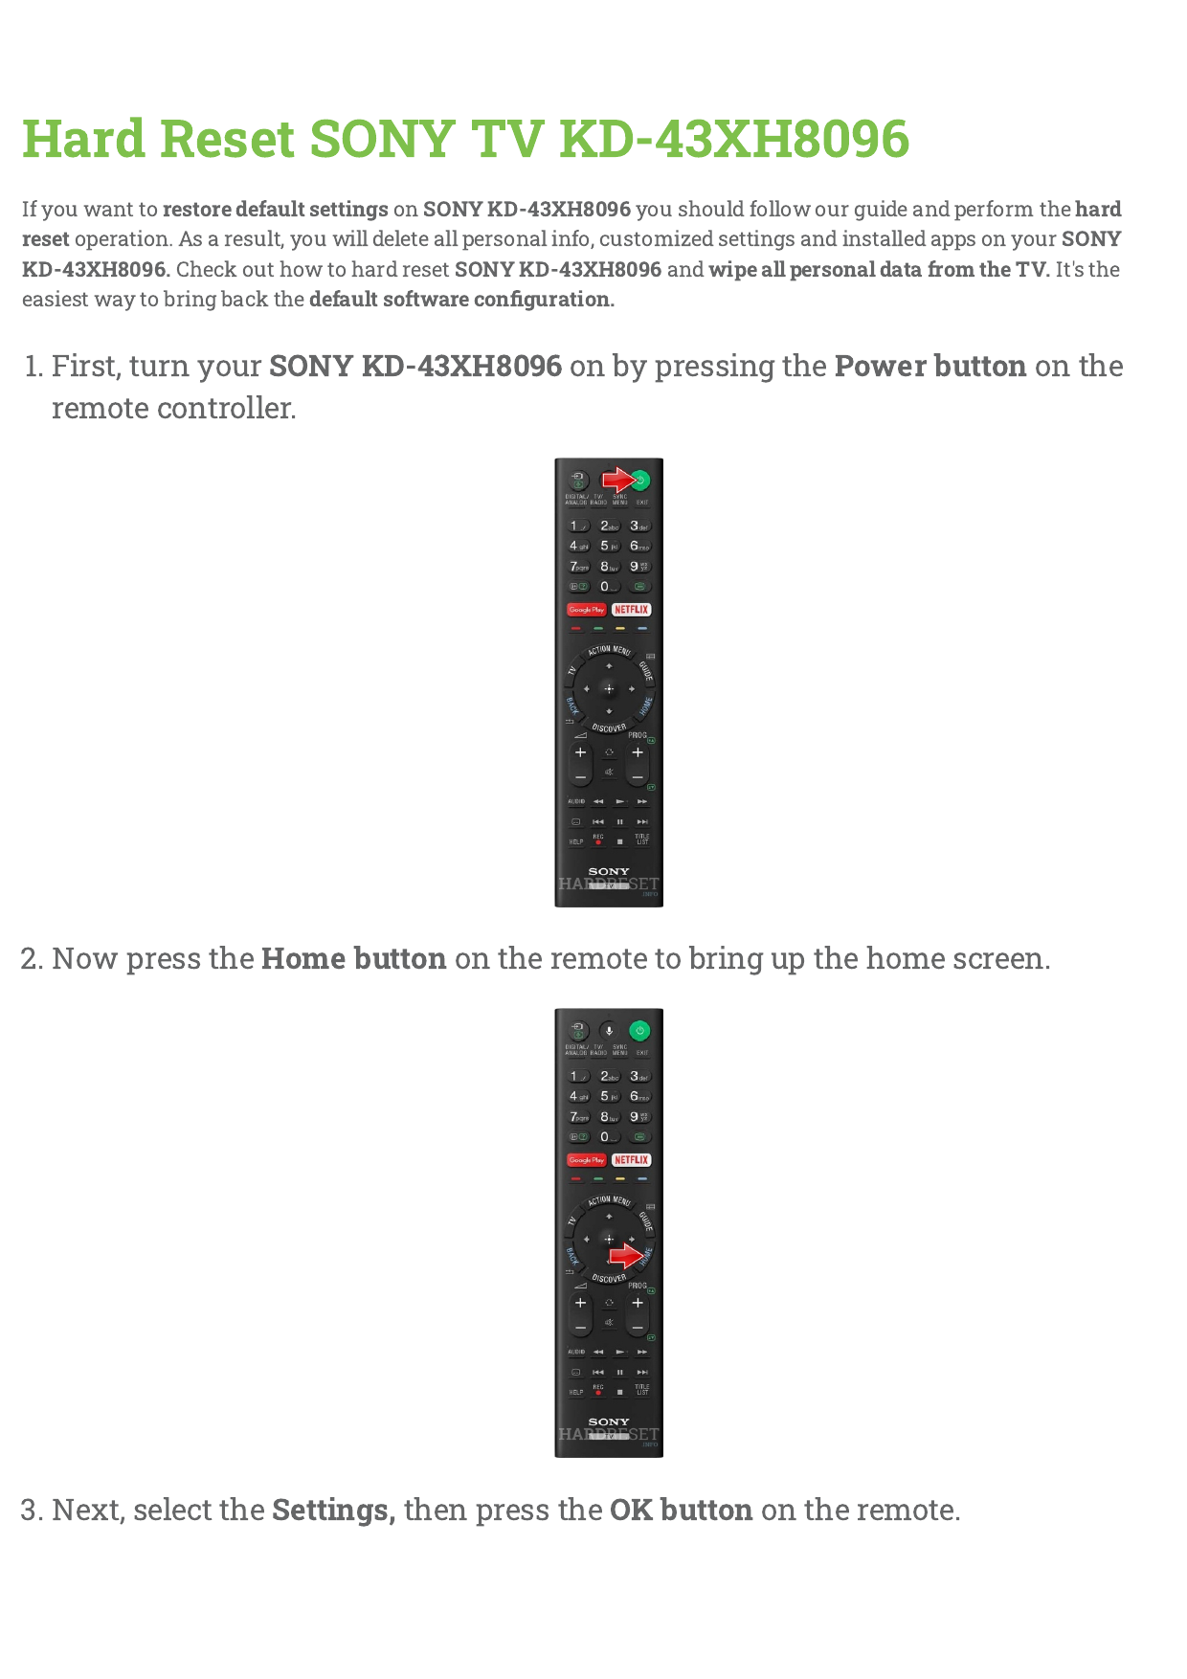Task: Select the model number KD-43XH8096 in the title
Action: pyautogui.click(x=734, y=139)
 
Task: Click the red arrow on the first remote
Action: pyautogui.click(x=618, y=480)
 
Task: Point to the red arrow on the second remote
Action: pyautogui.click(x=626, y=1255)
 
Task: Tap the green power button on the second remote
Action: pyautogui.click(x=640, y=1031)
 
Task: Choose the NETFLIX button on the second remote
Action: pyautogui.click(x=632, y=1160)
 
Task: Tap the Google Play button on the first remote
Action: pyautogui.click(x=586, y=610)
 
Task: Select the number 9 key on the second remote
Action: pyautogui.click(x=638, y=1117)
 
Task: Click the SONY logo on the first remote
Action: pyautogui.click(x=609, y=871)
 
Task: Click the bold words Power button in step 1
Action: pyautogui.click(x=930, y=367)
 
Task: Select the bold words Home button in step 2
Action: pyautogui.click(x=353, y=959)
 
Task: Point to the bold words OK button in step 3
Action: pyautogui.click(x=681, y=1511)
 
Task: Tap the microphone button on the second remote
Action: pyautogui.click(x=609, y=1031)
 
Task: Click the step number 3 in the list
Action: pyautogui.click(x=31, y=1511)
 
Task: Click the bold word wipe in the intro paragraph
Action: pyautogui.click(x=732, y=270)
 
